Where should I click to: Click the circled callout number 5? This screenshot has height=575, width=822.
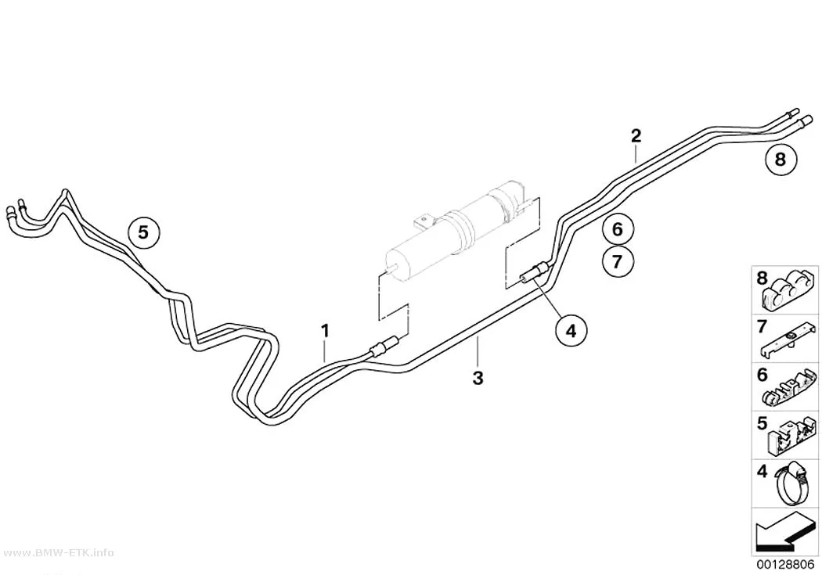click(143, 232)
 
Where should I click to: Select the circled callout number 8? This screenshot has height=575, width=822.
click(780, 159)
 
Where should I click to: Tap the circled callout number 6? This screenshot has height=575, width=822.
click(617, 229)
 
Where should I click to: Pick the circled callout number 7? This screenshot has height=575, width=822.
click(617, 261)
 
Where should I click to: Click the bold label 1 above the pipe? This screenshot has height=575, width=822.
click(325, 331)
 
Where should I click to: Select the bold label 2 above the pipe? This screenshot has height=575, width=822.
click(636, 136)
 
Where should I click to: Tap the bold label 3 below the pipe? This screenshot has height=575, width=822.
click(478, 378)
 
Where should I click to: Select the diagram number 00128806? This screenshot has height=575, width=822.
click(784, 565)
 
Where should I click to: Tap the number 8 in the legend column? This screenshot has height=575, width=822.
click(762, 278)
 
